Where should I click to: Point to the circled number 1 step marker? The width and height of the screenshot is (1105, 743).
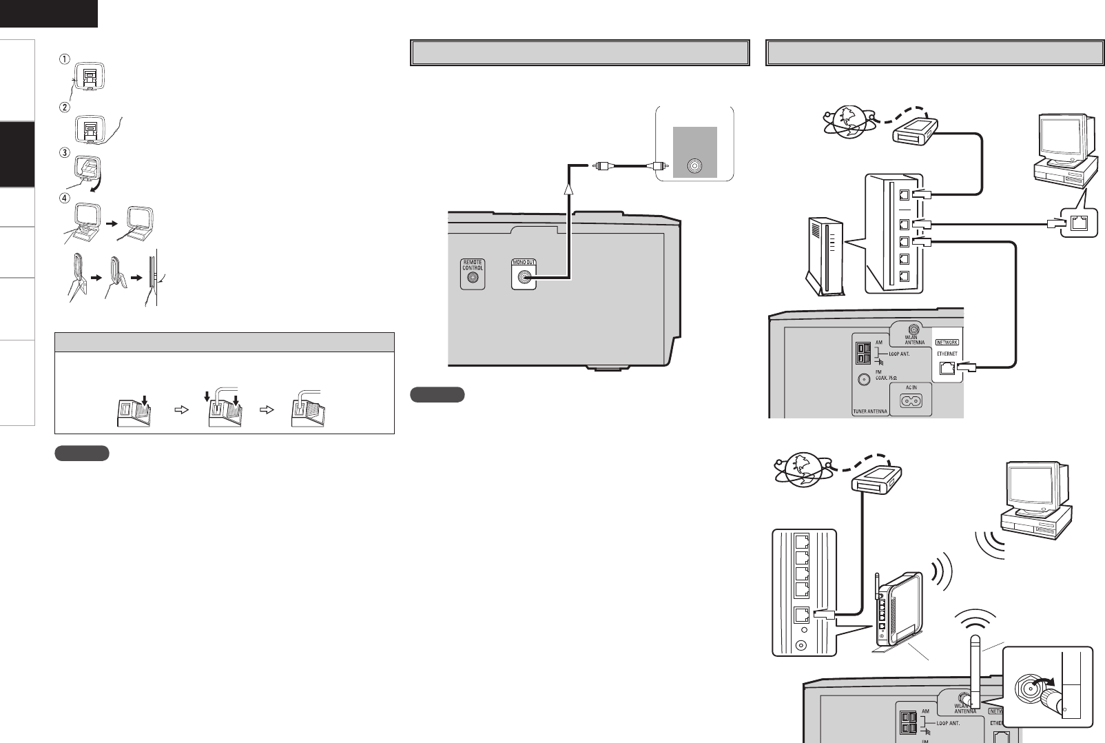point(63,59)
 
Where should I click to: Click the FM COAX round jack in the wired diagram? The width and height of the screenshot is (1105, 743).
point(858,378)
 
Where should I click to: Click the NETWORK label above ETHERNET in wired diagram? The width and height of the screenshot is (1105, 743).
point(946,341)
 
